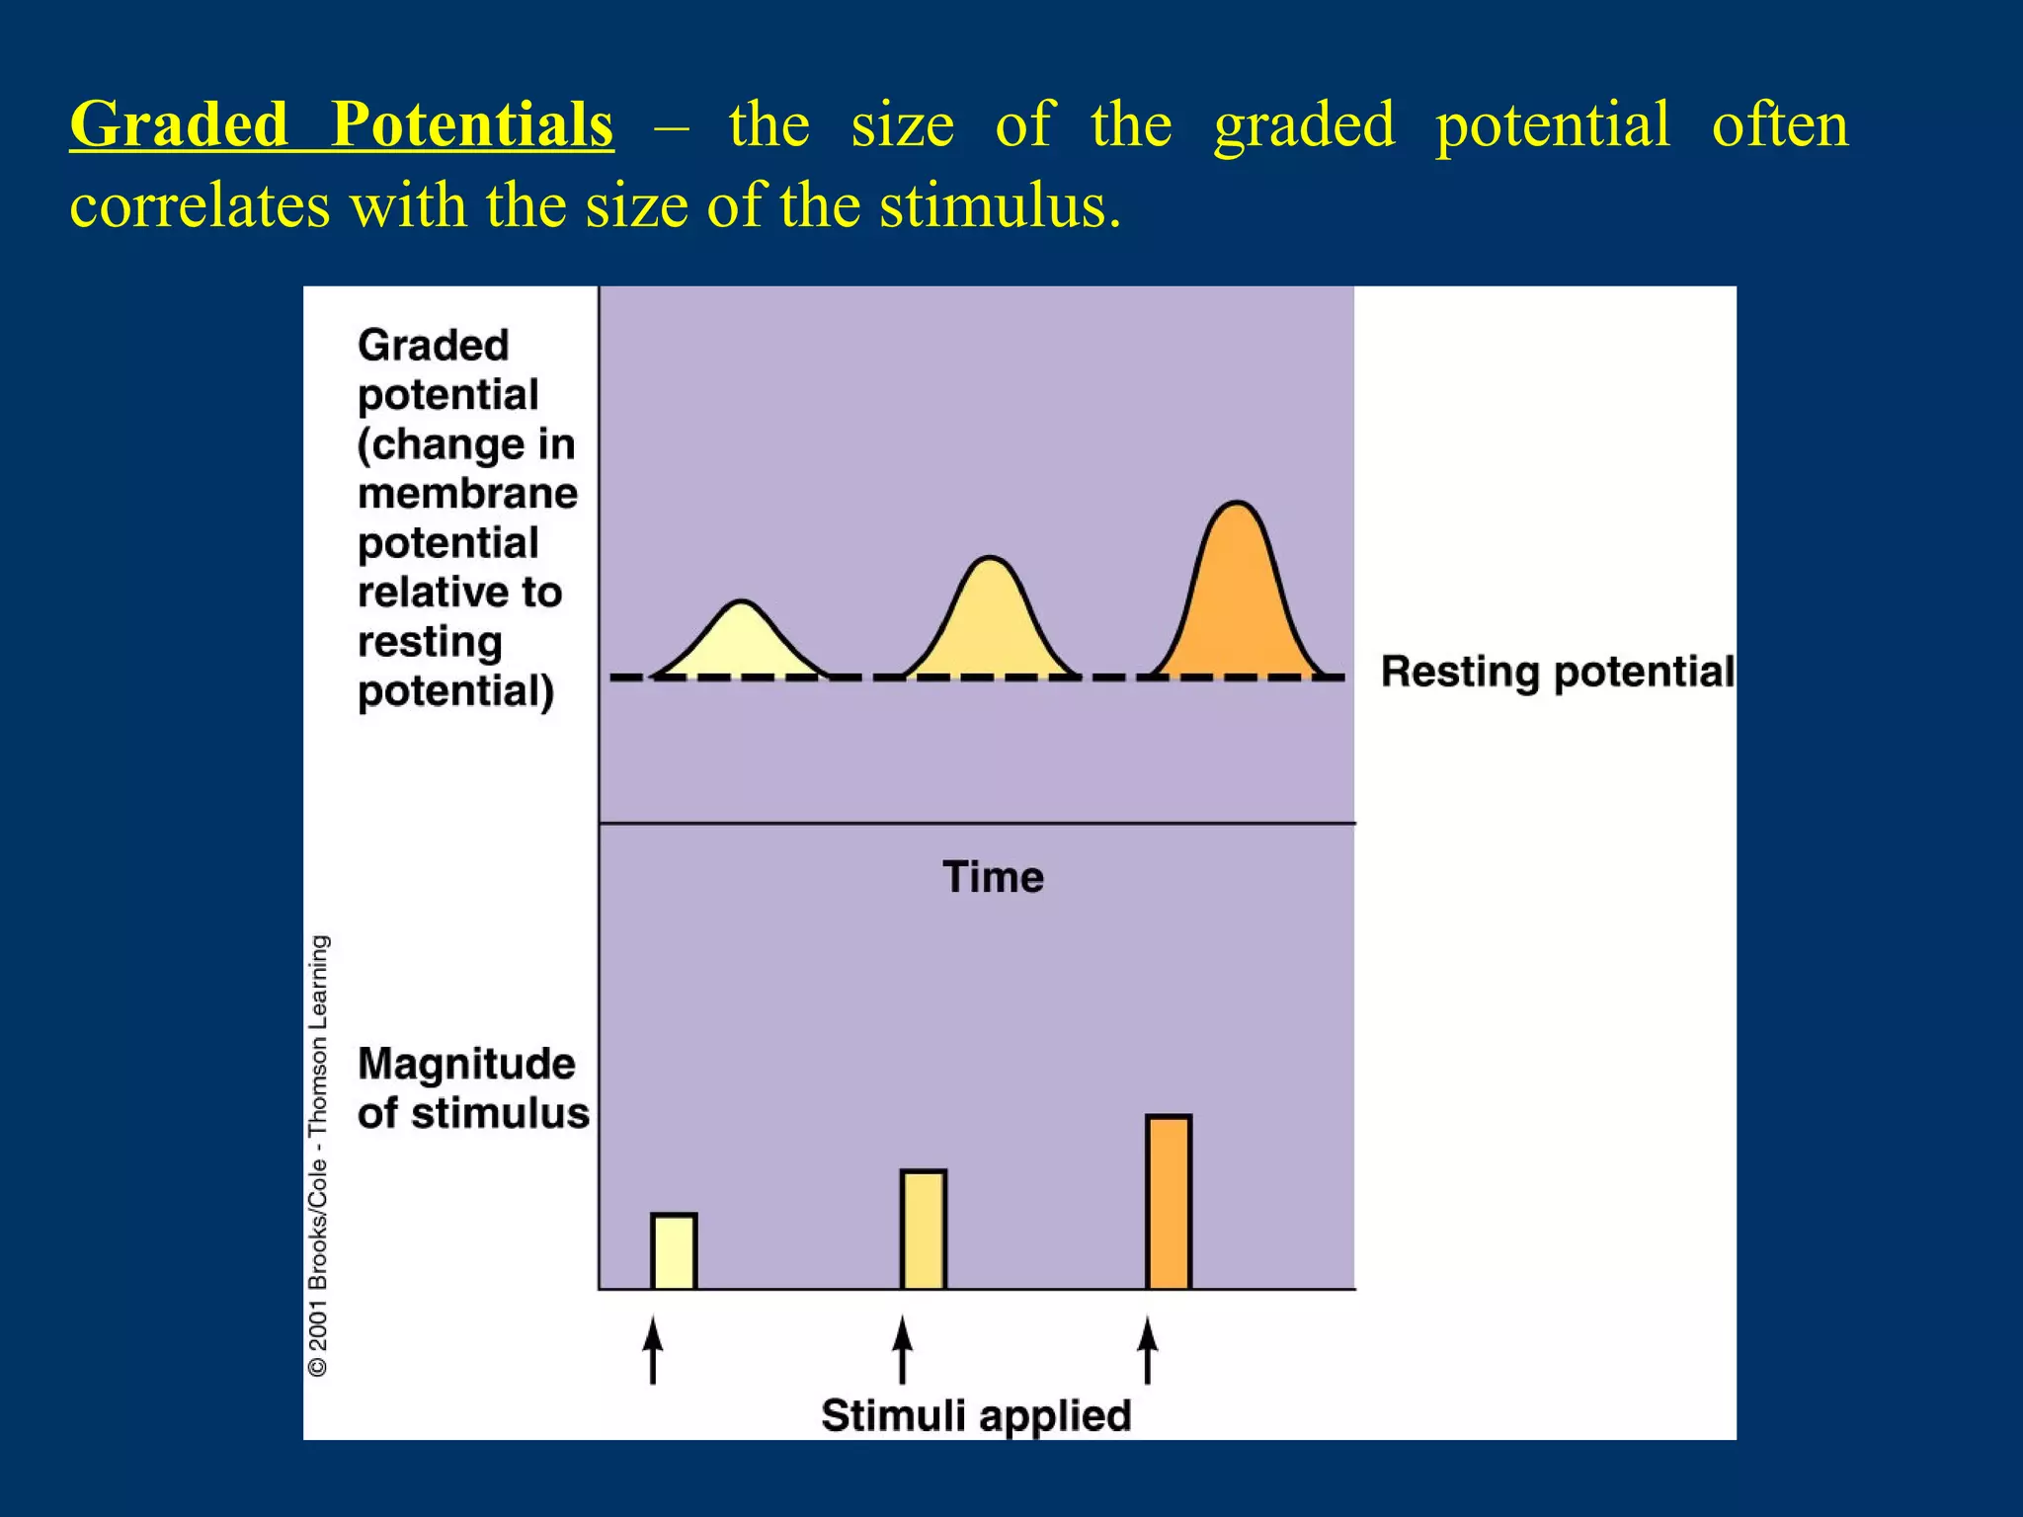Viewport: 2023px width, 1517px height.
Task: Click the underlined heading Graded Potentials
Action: pyautogui.click(x=342, y=125)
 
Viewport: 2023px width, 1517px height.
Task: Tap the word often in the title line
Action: pyautogui.click(x=1779, y=125)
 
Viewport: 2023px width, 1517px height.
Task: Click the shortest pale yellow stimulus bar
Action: pyautogui.click(x=674, y=1251)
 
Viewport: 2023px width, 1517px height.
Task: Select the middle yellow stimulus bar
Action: pyautogui.click(x=924, y=1230)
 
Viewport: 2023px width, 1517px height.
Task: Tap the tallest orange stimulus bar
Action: pyautogui.click(x=1169, y=1202)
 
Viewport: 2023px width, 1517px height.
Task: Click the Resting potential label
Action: pyautogui.click(x=1557, y=673)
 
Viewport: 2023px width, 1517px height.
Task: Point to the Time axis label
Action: pyautogui.click(x=993, y=877)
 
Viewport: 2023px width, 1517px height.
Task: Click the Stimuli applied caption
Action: pyautogui.click(x=976, y=1415)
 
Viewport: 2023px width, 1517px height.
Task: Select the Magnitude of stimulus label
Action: pyautogui.click(x=472, y=1088)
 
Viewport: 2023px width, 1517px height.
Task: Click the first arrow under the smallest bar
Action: pyautogui.click(x=652, y=1350)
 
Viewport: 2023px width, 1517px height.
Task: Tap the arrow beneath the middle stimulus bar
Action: pyautogui.click(x=902, y=1350)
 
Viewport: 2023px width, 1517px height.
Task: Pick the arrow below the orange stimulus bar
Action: pyautogui.click(x=1147, y=1350)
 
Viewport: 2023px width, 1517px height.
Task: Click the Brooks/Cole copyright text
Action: pyautogui.click(x=318, y=1156)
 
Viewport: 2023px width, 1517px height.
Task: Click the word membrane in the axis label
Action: pyautogui.click(x=467, y=493)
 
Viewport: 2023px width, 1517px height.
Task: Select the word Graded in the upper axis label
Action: pyautogui.click(x=433, y=346)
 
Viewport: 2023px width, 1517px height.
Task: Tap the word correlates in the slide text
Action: pyautogui.click(x=200, y=206)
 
